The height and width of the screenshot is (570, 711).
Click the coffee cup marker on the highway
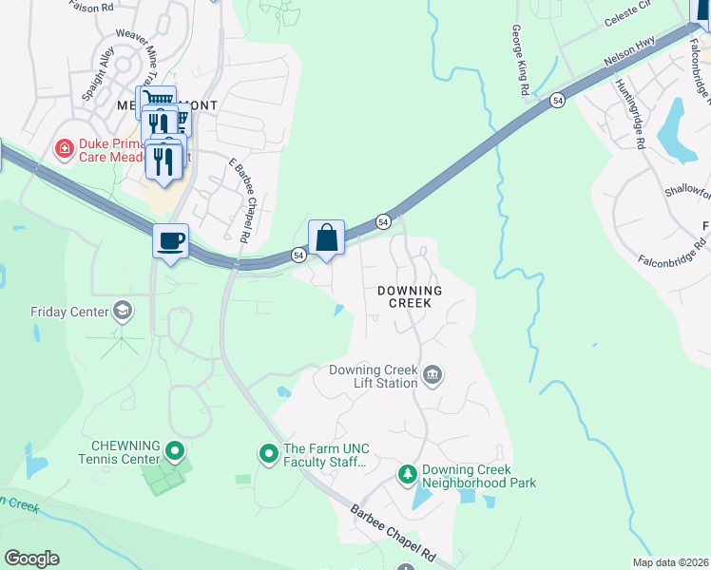tap(171, 241)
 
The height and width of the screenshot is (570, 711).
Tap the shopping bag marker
tap(326, 237)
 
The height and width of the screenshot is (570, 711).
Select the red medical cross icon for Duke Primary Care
tap(64, 148)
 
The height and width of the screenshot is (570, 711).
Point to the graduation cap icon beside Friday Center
tap(122, 311)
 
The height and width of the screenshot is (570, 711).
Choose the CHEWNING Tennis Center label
tap(125, 452)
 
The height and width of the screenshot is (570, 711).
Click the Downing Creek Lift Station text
tap(373, 376)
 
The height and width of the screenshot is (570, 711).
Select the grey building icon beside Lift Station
tap(432, 375)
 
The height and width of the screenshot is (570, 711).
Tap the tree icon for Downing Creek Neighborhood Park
tap(407, 472)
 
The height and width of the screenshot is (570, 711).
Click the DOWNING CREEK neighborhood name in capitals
tap(410, 296)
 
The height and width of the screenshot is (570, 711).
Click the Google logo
tap(30, 559)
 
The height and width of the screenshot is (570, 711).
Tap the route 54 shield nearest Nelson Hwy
tap(556, 100)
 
